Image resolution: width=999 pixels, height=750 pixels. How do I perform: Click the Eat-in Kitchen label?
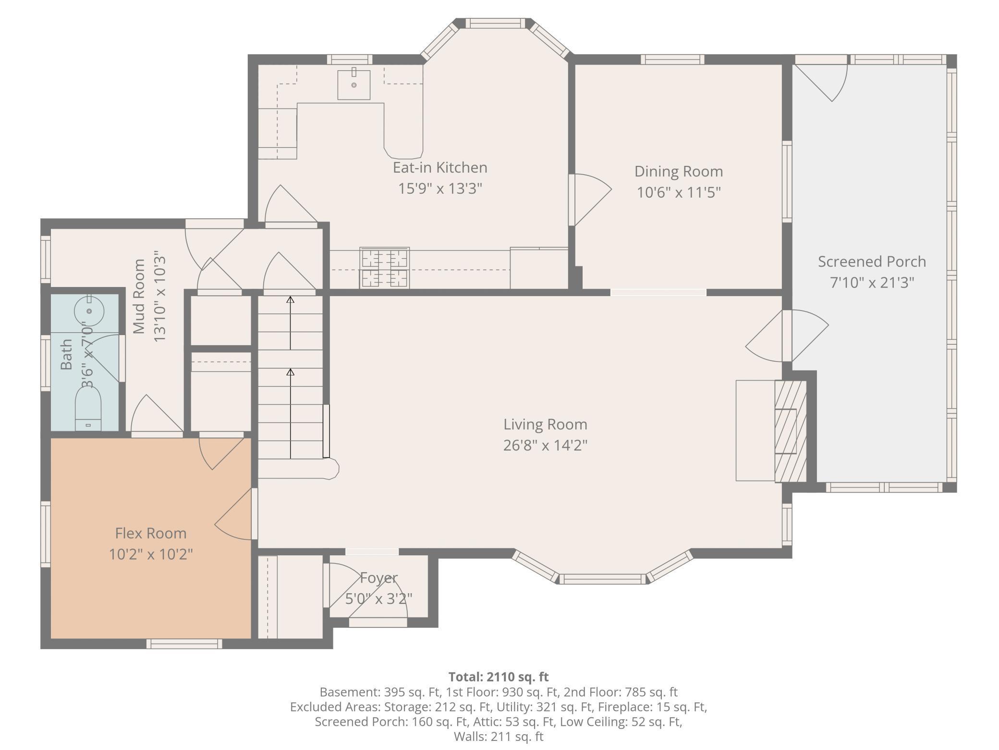pos(440,168)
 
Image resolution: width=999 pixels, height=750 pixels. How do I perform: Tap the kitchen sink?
pos(354,85)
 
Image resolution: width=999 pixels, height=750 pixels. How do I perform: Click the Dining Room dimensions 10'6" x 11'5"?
pos(679,193)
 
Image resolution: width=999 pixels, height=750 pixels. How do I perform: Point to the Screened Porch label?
pos(872,262)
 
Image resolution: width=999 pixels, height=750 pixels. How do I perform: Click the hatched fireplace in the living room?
pos(791,431)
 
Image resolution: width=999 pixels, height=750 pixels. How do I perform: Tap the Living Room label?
pos(545,425)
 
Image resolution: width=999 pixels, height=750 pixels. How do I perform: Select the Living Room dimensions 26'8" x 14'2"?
pos(545,446)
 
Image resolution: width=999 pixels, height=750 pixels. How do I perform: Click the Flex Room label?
pos(151,533)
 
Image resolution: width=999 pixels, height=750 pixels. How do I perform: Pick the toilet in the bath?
pos(88,408)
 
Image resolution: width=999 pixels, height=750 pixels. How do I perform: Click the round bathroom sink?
pos(89,311)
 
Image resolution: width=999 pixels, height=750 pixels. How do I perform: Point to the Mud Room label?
pos(139,296)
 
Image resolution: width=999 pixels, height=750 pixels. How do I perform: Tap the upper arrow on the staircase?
pos(290,323)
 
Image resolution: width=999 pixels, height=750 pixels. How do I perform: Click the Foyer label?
pos(379,578)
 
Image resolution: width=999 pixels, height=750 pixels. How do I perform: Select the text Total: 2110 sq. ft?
pos(499,677)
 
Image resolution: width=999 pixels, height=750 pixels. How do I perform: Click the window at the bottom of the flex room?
pos(184,644)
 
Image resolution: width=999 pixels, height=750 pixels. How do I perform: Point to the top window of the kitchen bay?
pos(495,23)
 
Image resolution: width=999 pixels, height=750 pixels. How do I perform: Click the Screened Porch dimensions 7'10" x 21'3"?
pos(872,283)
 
